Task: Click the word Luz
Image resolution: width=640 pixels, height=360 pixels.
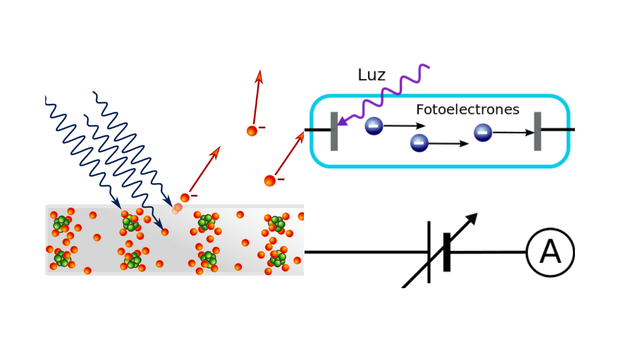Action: (371, 75)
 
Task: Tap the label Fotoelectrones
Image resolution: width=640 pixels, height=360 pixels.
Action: (467, 109)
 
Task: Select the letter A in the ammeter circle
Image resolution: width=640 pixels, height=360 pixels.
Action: (550, 252)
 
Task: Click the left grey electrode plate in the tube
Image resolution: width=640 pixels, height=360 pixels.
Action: (334, 131)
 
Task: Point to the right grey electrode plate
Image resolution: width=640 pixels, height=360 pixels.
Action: (537, 131)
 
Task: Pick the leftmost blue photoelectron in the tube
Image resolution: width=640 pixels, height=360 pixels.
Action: (374, 126)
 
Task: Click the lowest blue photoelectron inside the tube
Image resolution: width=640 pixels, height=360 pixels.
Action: (419, 143)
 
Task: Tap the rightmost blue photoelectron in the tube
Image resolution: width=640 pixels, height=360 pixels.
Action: (483, 132)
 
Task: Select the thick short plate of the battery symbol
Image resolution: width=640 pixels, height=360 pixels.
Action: (446, 252)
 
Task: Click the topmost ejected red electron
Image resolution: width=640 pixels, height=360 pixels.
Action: (252, 131)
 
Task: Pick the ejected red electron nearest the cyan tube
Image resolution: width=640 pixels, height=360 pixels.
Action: (270, 180)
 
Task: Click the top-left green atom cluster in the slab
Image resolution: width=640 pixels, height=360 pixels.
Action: (62, 223)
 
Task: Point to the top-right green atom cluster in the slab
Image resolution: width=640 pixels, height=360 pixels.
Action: (277, 223)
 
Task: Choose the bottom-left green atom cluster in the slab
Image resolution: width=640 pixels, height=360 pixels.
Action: (62, 259)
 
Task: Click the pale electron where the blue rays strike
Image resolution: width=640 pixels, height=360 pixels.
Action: (178, 208)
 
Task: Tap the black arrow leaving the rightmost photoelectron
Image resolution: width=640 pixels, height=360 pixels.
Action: (514, 132)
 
